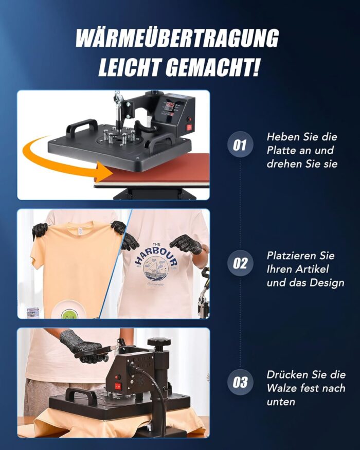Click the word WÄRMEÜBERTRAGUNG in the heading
click(x=177, y=39)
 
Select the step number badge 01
click(x=240, y=145)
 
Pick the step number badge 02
click(x=240, y=263)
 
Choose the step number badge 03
click(x=240, y=382)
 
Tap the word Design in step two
click(x=327, y=283)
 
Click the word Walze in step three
click(x=281, y=388)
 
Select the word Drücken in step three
click(x=284, y=375)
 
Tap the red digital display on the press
click(x=170, y=104)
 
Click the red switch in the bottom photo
click(x=118, y=383)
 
